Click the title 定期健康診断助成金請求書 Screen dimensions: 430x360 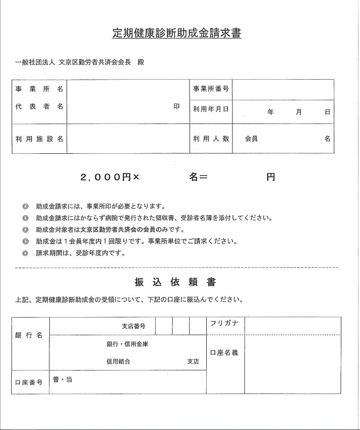click(x=176, y=34)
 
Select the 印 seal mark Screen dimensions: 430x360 click(x=176, y=107)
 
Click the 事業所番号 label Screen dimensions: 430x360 click(x=211, y=89)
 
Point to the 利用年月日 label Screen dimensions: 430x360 click(x=211, y=108)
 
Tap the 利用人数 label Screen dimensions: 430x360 click(x=211, y=138)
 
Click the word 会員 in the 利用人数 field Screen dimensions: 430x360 click(x=251, y=138)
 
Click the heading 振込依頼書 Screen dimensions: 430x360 click(x=175, y=281)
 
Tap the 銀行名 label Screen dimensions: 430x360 click(x=29, y=336)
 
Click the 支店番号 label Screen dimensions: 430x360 click(x=134, y=326)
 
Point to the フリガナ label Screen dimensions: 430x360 click(x=224, y=324)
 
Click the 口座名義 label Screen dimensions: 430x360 click(x=224, y=352)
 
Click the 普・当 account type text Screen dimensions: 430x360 click(x=63, y=379)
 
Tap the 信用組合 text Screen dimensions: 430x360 click(x=118, y=361)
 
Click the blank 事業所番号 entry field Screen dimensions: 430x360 click(x=282, y=89)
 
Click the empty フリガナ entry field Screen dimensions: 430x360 click(x=292, y=325)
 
